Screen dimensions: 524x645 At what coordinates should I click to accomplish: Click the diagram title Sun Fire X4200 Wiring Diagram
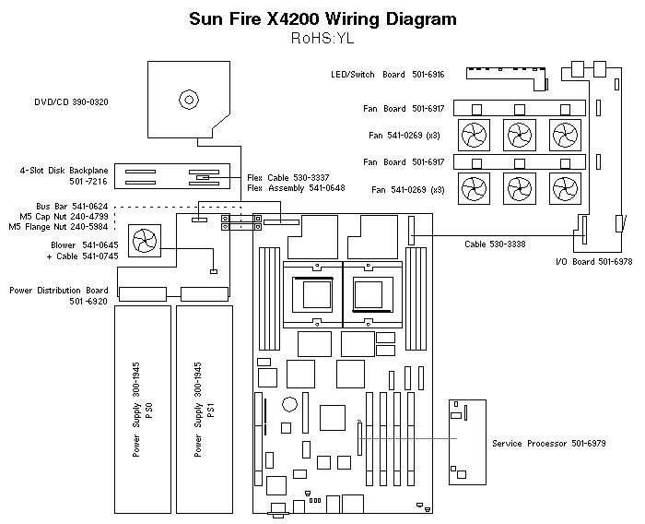[x=322, y=18]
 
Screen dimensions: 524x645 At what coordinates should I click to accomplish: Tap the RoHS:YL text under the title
[x=322, y=39]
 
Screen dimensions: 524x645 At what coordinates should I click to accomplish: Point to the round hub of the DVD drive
[x=189, y=99]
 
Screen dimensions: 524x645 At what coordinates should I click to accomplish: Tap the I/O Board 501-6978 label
[x=593, y=262]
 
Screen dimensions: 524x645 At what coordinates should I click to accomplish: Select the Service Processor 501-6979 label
[x=549, y=444]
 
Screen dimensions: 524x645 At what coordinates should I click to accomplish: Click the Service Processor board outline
[x=466, y=444]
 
